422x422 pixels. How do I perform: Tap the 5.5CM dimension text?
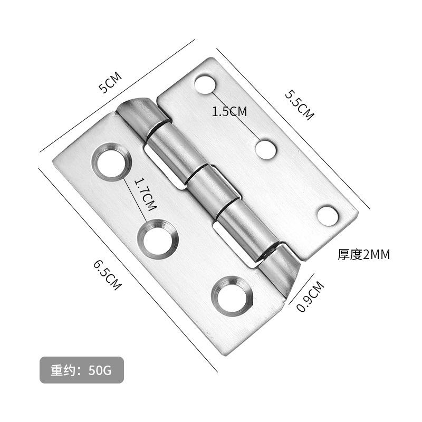(299, 104)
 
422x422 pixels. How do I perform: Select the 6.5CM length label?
(107, 274)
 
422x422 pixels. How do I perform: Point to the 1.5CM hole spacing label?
(229, 111)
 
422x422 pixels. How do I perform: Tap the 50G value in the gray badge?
(100, 370)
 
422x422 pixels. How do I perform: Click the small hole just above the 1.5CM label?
(206, 84)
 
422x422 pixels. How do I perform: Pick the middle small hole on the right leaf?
(266, 149)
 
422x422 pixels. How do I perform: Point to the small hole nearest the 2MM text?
(328, 215)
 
